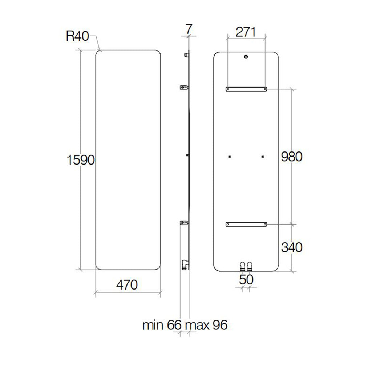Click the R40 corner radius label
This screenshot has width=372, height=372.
point(77,36)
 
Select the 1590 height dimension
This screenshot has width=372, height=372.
point(81,159)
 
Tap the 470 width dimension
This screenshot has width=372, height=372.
point(127,284)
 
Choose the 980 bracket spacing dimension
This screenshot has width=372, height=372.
point(291,157)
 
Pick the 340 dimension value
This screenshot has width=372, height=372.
point(291,247)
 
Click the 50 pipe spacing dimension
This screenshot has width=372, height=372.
point(246,279)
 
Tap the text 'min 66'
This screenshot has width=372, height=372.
point(161,325)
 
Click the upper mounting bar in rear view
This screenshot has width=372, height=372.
point(246,89)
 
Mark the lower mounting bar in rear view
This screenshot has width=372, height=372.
point(246,225)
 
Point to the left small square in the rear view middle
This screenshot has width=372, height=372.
point(230,157)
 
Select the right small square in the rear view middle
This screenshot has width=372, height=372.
point(262,157)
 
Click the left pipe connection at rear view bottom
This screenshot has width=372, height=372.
point(242,267)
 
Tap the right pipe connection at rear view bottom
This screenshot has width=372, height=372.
point(250,267)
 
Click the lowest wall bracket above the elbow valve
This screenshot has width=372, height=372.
point(184,222)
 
